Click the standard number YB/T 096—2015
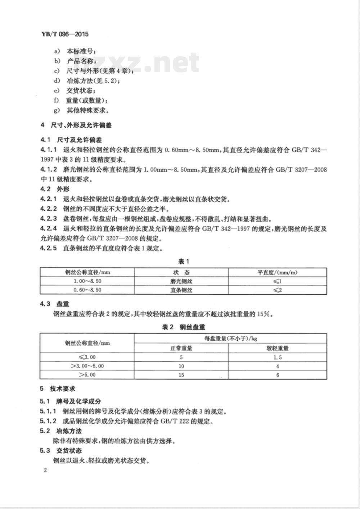(63, 35)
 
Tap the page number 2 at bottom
(45, 470)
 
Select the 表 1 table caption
(183, 262)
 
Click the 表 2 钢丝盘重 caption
(183, 327)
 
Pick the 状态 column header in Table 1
(181, 273)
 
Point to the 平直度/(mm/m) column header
(277, 273)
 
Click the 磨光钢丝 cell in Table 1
(181, 281)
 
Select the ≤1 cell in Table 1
(277, 281)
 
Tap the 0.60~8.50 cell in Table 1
(87, 290)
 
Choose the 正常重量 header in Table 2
(181, 348)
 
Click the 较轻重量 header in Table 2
(277, 348)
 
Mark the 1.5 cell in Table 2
(277, 357)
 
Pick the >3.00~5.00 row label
(87, 366)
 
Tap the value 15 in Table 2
(181, 375)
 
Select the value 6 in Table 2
(277, 375)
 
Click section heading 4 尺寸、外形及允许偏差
(76, 125)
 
